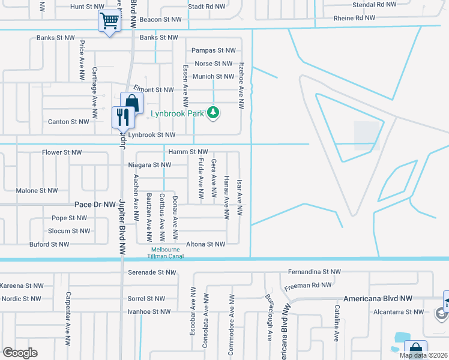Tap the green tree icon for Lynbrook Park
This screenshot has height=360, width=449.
(x=212, y=112)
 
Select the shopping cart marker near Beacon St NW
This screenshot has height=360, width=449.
(x=109, y=22)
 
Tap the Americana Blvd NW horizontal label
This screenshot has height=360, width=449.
(x=378, y=298)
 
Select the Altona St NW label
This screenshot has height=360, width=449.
(x=205, y=244)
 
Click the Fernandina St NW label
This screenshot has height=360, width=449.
(x=310, y=272)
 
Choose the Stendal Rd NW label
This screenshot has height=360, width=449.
(x=375, y=4)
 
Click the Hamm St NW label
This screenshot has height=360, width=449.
(x=188, y=152)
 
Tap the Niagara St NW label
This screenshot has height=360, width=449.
(x=149, y=165)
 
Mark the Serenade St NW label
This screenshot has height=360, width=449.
(x=152, y=272)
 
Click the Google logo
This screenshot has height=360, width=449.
(x=20, y=353)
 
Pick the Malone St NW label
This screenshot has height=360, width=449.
(x=37, y=191)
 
